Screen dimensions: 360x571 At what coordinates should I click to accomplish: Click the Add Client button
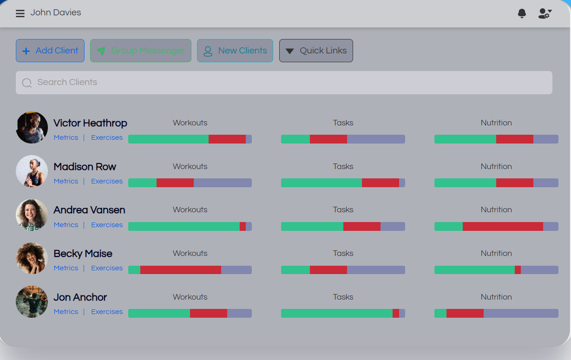tap(50, 51)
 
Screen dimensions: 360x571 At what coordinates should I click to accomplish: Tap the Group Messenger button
tap(141, 51)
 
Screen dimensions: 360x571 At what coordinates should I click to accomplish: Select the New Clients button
tap(235, 51)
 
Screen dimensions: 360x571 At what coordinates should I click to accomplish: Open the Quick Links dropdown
tap(316, 51)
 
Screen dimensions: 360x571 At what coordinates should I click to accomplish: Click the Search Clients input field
tap(284, 83)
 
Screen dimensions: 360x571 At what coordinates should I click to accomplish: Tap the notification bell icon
tap(522, 13)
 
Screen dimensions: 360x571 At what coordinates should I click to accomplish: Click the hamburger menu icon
tap(20, 13)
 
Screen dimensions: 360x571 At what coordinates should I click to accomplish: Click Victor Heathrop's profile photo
tap(32, 127)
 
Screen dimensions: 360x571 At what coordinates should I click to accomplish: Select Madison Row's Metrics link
tap(66, 181)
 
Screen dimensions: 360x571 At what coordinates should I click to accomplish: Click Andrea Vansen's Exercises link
tap(107, 225)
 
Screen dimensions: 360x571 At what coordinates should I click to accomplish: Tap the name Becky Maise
tap(83, 254)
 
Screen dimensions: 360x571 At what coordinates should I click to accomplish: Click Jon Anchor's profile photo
tap(32, 301)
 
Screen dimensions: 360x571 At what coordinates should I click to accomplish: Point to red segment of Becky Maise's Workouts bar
tap(181, 270)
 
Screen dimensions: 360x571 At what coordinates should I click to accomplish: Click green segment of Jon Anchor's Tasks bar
tap(337, 314)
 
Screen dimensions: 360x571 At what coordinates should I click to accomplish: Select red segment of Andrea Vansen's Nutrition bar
tap(503, 226)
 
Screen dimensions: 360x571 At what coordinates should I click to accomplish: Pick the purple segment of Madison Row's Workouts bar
tap(223, 183)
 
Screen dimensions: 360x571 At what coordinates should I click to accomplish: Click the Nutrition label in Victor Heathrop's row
tap(496, 123)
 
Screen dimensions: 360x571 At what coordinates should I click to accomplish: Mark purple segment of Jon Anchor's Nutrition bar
tap(521, 314)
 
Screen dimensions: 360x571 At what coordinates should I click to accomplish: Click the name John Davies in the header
tap(56, 13)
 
